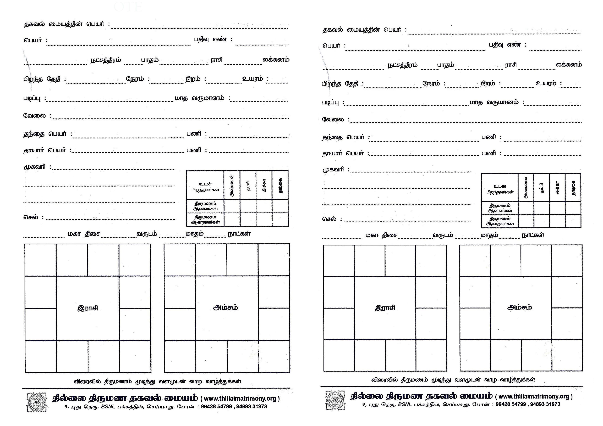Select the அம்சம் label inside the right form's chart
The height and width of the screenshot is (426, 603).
(519, 307)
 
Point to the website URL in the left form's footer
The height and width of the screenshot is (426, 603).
(240, 399)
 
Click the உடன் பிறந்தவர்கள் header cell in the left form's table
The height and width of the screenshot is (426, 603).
(205, 187)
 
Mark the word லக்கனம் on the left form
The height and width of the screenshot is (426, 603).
(276, 60)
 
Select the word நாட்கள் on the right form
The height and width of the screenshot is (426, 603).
(533, 235)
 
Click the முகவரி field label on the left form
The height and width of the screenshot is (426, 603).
(35, 167)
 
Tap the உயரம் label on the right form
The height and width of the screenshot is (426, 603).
(546, 83)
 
